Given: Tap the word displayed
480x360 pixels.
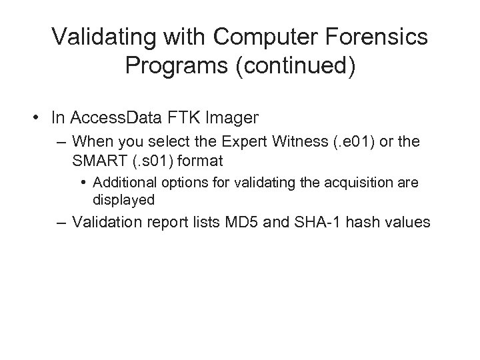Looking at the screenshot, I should click(124, 199).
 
